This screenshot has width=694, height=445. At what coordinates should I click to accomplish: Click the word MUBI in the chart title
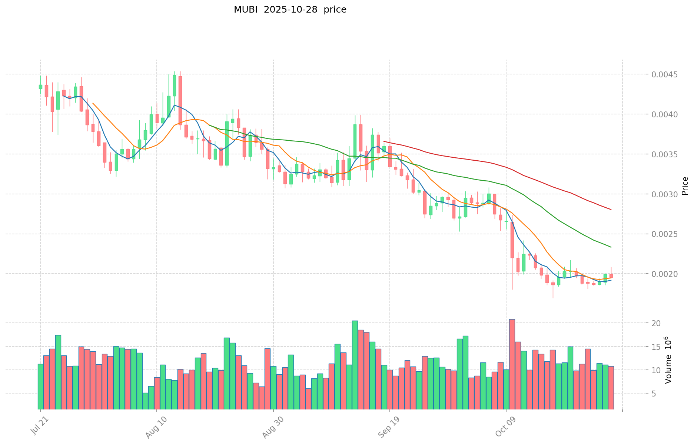tap(245, 10)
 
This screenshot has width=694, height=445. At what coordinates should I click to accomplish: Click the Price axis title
tap(685, 186)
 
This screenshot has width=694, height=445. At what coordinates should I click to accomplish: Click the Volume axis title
tap(668, 360)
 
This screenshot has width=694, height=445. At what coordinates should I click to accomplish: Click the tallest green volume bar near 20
tap(355, 365)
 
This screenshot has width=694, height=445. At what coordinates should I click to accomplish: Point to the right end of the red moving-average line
tap(611, 210)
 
